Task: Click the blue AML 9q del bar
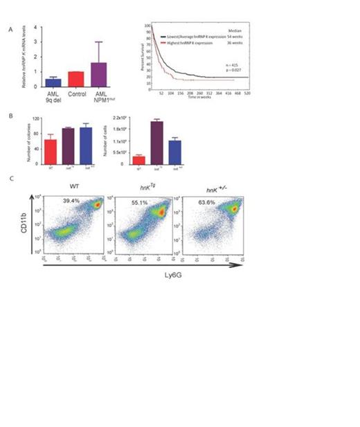[x=52, y=82]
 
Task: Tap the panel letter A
[x=9, y=30]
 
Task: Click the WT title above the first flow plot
[x=72, y=186]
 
